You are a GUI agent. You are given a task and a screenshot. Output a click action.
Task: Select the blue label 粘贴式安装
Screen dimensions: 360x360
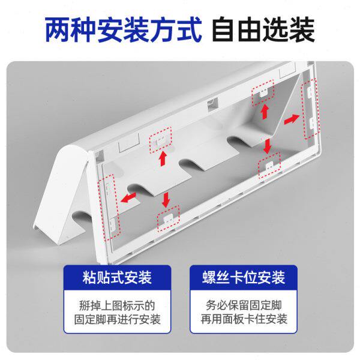[117, 278]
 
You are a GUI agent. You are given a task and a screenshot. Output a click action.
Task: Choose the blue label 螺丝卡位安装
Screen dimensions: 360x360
[243, 278]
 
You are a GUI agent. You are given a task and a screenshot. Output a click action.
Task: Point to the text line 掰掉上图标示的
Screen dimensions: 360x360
[117, 304]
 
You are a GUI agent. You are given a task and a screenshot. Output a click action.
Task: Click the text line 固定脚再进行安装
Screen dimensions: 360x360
[117, 320]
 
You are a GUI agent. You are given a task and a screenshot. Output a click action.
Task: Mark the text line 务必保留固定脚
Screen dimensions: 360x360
[242, 304]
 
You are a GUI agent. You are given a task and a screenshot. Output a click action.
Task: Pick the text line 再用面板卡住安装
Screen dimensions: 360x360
[242, 320]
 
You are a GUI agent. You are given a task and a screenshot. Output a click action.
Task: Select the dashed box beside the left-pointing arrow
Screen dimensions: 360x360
[110, 205]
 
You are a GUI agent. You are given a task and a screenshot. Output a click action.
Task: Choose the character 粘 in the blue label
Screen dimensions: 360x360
[90, 278]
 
